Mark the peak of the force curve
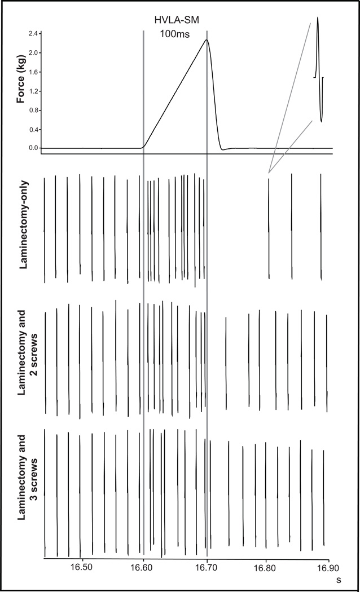[207, 39]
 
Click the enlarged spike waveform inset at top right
[319, 68]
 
